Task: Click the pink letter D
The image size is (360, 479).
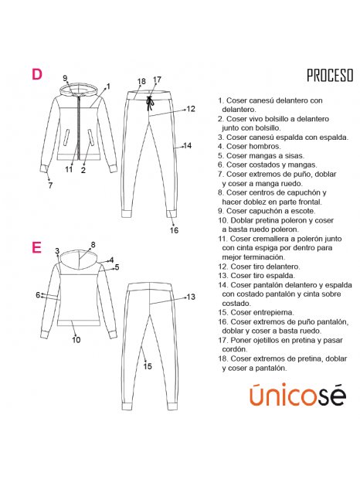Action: click(x=37, y=74)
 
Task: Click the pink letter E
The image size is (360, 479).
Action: click(x=36, y=247)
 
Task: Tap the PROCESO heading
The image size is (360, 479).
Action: click(x=330, y=76)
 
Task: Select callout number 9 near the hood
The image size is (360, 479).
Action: click(x=65, y=78)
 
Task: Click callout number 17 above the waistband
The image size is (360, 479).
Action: click(x=157, y=80)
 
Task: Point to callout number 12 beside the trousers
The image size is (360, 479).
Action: click(x=191, y=109)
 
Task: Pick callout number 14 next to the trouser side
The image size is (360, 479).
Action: click(x=188, y=146)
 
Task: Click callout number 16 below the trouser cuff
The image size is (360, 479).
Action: click(x=174, y=230)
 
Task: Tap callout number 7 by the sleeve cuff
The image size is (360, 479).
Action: click(x=50, y=185)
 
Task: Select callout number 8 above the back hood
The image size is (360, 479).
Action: click(x=93, y=245)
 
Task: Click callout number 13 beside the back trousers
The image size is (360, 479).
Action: click(x=191, y=297)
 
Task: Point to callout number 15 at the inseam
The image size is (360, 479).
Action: click(x=148, y=366)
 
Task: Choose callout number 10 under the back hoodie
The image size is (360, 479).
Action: click(x=76, y=339)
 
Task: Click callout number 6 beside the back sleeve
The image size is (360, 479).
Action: click(x=38, y=295)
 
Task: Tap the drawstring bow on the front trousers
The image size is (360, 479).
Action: click(x=150, y=103)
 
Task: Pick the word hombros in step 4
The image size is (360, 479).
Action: click(x=265, y=146)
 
